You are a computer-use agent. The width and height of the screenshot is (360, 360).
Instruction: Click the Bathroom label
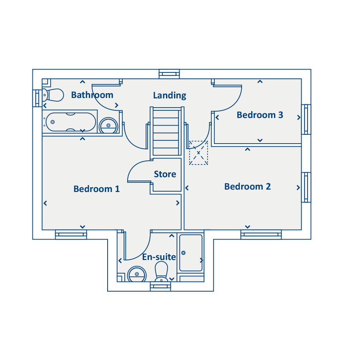pos(92,95)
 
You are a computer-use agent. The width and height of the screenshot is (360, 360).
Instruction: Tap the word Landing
pos(170,96)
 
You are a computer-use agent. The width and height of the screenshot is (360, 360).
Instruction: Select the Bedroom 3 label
pos(260,115)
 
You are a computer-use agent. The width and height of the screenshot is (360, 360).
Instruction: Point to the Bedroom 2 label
pos(248,186)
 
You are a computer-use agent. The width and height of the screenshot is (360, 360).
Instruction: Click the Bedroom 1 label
pos(96,189)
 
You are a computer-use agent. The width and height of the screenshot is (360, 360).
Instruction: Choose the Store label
pos(165,174)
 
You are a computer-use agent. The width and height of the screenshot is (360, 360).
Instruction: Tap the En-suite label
pos(159,257)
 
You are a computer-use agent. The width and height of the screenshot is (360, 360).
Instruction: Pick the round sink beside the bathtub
pos(108,125)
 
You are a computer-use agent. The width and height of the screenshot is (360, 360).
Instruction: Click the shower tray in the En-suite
pos(190,252)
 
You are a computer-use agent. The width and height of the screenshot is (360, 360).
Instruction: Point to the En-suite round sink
pos(137,274)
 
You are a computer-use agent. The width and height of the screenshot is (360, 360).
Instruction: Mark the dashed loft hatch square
pos(198,153)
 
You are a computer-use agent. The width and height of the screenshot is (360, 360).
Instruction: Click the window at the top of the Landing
pos(169,74)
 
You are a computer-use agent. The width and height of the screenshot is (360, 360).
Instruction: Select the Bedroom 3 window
pos(306,119)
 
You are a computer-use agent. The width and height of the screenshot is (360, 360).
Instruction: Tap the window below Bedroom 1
pos(71,234)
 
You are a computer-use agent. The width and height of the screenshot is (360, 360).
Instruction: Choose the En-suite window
pos(160,286)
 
